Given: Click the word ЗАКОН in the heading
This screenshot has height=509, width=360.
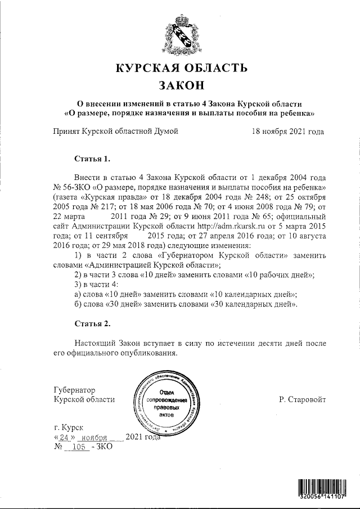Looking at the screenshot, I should click(x=181, y=86).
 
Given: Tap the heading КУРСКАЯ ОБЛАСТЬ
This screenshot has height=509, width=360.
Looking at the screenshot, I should click(x=181, y=69).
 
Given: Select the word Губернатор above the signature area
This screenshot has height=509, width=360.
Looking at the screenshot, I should click(x=74, y=390).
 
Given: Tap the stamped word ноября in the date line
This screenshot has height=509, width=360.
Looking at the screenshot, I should click(x=94, y=437).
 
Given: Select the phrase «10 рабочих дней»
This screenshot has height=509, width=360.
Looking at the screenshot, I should click(x=280, y=274).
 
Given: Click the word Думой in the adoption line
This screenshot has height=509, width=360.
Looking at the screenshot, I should click(x=165, y=132).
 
